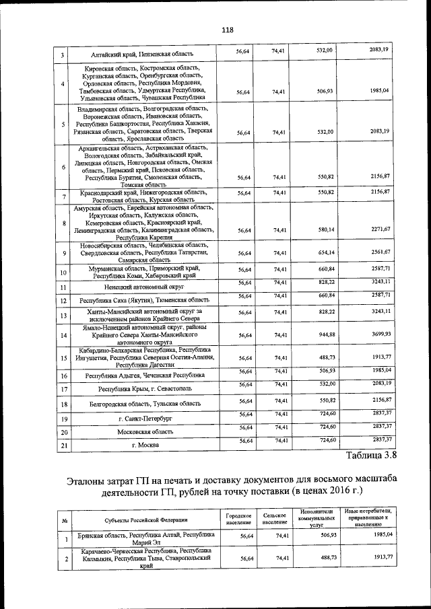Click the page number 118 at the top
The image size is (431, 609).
227,30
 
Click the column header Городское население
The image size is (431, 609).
239,519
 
